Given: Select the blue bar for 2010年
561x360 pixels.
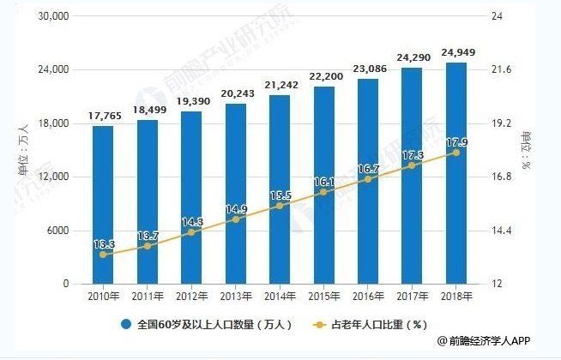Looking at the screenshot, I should pyautogui.click(x=103, y=205).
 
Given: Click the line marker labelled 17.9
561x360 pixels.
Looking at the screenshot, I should pyautogui.click(x=455, y=153).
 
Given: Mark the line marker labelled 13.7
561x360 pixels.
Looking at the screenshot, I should pyautogui.click(x=148, y=246).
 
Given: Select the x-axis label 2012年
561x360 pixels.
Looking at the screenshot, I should pyautogui.click(x=191, y=297).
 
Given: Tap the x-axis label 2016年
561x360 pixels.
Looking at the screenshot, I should pyautogui.click(x=367, y=297).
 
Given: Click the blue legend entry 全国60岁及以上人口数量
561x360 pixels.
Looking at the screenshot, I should pyautogui.click(x=208, y=325).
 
